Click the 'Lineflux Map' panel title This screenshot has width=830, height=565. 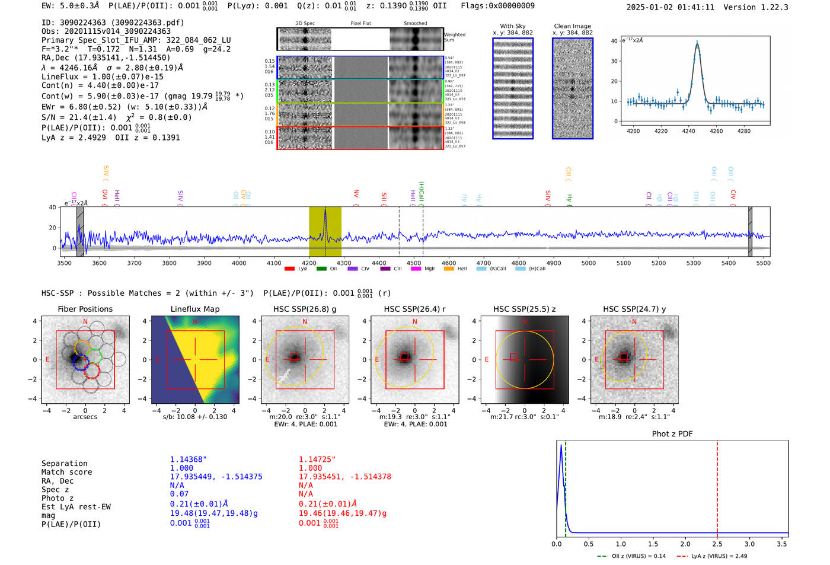click(194, 309)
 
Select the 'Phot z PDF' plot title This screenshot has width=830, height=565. click(672, 434)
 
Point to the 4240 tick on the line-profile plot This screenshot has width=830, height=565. click(688, 131)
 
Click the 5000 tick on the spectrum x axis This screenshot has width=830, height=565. click(588, 263)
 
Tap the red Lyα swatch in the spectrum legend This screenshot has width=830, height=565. click(289, 269)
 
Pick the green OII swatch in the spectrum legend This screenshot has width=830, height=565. click(321, 269)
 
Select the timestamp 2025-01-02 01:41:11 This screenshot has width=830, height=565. click(670, 7)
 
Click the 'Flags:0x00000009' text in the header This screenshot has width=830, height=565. click(497, 6)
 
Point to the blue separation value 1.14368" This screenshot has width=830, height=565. click(189, 459)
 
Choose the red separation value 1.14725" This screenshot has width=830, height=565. click(317, 459)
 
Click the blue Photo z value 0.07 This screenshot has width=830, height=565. click(179, 494)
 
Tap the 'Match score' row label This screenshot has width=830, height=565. click(66, 472)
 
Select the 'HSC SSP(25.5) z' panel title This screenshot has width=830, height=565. click(524, 309)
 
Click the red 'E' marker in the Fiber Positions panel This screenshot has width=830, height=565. click(47, 360)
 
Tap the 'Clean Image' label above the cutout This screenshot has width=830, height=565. click(572, 26)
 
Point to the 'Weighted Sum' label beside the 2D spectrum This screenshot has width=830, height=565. click(454, 37)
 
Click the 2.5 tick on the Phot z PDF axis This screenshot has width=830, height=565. click(717, 544)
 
